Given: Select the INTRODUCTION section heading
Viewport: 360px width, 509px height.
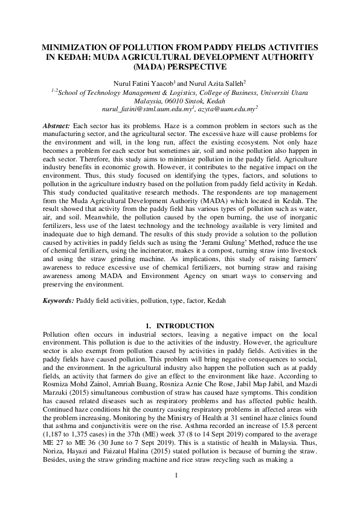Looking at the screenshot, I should pos(185,326).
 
